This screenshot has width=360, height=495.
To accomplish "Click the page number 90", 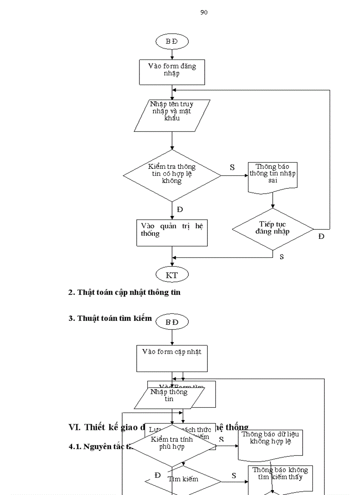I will [x=204, y=12].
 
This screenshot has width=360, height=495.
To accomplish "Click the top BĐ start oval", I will [x=172, y=41].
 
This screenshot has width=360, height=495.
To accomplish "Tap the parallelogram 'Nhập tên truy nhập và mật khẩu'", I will [x=172, y=115].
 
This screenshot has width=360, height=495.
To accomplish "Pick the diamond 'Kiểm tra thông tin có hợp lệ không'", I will [x=172, y=175].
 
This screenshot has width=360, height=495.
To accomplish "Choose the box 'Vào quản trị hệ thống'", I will [x=172, y=232].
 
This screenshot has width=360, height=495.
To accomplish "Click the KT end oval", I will [x=172, y=275].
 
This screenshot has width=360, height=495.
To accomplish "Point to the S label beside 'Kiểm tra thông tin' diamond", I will [x=232, y=167].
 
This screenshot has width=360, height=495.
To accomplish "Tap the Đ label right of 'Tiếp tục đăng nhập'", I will [x=321, y=237].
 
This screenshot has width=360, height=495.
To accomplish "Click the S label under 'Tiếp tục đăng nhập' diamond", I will [x=281, y=257].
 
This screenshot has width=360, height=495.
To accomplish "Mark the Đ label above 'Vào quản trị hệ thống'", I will [x=180, y=209].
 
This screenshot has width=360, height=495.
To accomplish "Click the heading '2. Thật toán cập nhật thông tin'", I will [x=124, y=292].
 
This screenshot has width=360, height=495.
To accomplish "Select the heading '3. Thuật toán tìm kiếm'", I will [x=110, y=318].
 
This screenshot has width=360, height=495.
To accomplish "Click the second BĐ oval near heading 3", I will [x=172, y=322].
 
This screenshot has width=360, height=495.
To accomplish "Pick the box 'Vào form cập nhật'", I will [x=172, y=358].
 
